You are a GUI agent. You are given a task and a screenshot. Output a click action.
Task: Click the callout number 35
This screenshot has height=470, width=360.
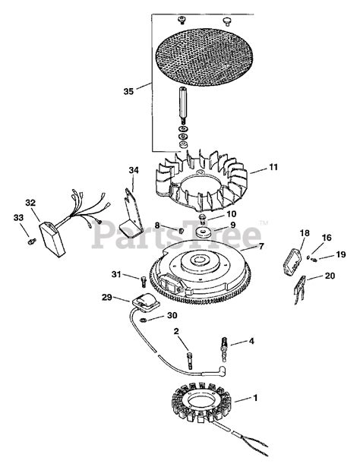coord(128,91)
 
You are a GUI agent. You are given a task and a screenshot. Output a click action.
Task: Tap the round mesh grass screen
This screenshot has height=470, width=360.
coord(204,55)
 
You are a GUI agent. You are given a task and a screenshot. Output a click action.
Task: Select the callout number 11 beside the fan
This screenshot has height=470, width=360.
coord(273,167)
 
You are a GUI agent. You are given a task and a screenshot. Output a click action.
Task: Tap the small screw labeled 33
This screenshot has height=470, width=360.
coord(32,241)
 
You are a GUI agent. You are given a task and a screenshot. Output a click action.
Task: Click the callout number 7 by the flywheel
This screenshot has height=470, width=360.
coord(261,247)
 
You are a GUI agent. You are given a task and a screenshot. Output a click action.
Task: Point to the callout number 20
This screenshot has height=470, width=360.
coord(330,276)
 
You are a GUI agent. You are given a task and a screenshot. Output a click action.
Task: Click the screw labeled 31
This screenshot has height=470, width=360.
coord(144,281)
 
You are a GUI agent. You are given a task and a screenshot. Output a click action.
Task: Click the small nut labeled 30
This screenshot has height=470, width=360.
coord(144,320)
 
